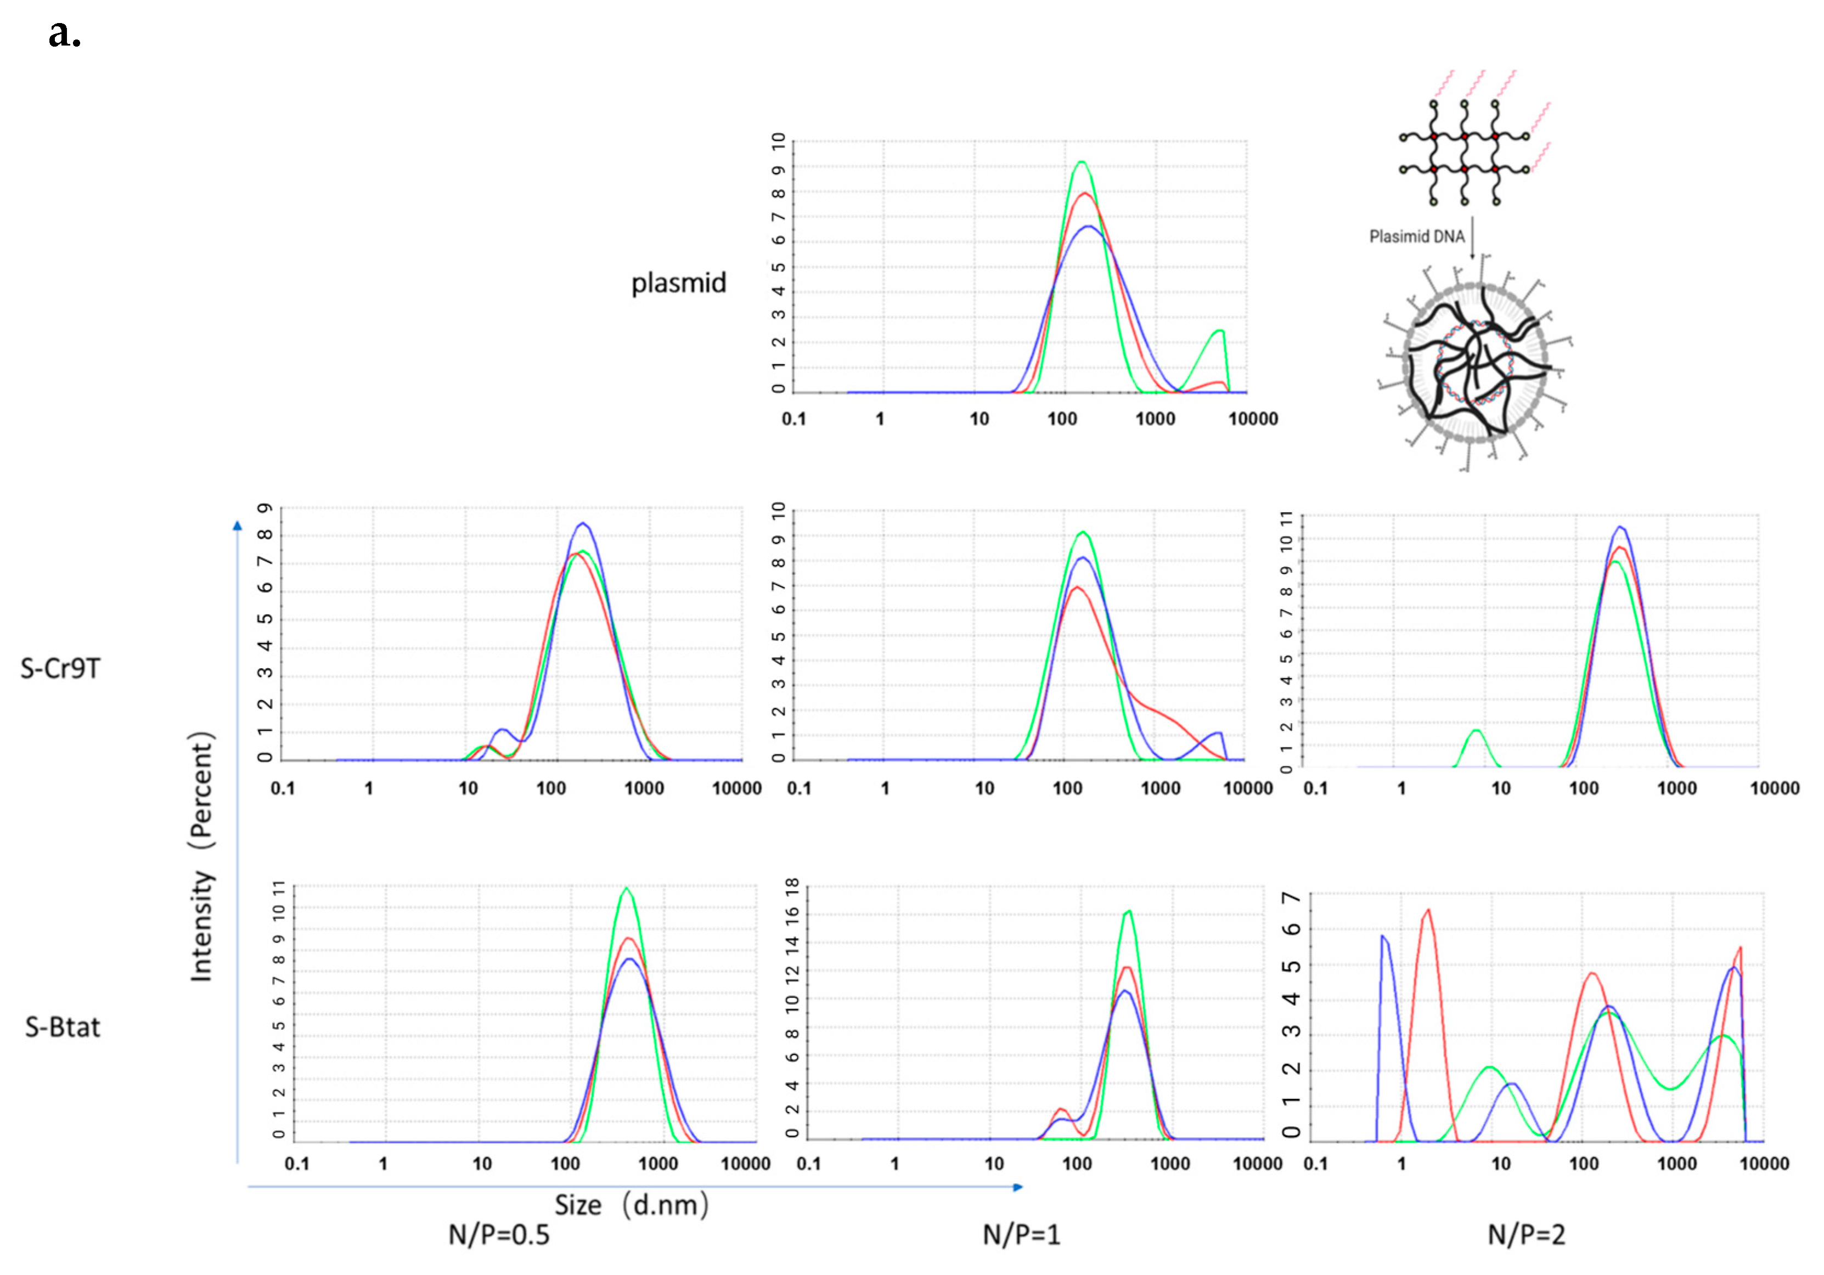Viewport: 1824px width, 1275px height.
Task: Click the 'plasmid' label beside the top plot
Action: coord(678,283)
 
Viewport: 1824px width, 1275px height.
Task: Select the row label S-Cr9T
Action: coord(60,668)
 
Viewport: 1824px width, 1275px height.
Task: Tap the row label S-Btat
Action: coord(63,1027)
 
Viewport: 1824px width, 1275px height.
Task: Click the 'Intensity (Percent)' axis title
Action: coord(202,856)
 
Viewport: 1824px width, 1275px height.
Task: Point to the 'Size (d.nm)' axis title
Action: coord(631,1205)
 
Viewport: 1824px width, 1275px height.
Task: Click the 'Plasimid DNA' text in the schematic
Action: coord(1416,236)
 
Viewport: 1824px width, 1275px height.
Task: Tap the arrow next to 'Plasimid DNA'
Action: coord(1472,238)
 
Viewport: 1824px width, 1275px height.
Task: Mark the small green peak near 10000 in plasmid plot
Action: coord(1219,331)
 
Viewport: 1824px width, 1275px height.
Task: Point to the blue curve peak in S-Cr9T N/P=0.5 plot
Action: coord(583,523)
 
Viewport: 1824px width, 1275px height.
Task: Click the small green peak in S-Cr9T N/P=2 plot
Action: coord(1476,731)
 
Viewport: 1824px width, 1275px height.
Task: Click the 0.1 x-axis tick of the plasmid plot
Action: coord(793,419)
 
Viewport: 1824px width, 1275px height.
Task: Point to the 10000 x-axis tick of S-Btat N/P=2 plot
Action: coord(1764,1164)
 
